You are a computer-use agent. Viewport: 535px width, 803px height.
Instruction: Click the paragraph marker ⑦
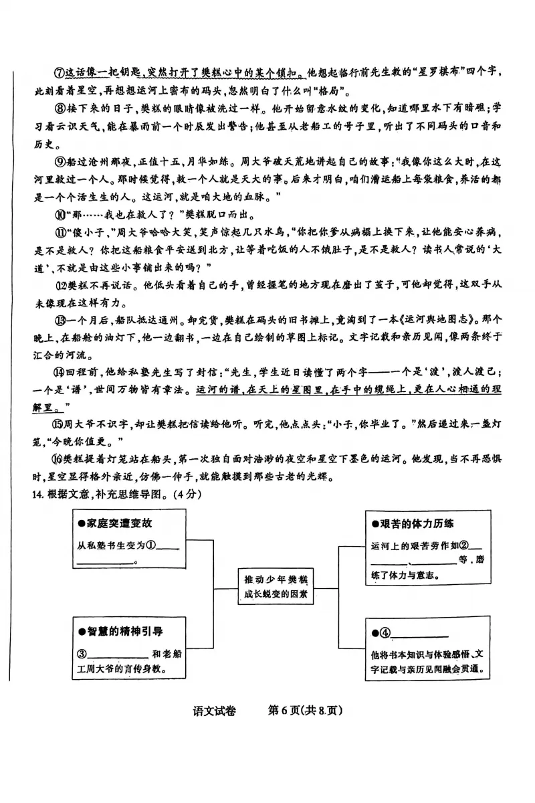pyautogui.click(x=47, y=72)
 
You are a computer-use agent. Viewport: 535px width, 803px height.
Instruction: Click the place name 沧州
pyautogui.click(x=104, y=161)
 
